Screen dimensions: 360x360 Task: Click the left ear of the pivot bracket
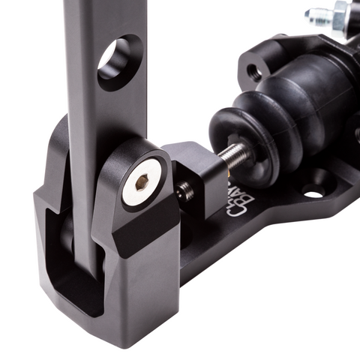[56, 157]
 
